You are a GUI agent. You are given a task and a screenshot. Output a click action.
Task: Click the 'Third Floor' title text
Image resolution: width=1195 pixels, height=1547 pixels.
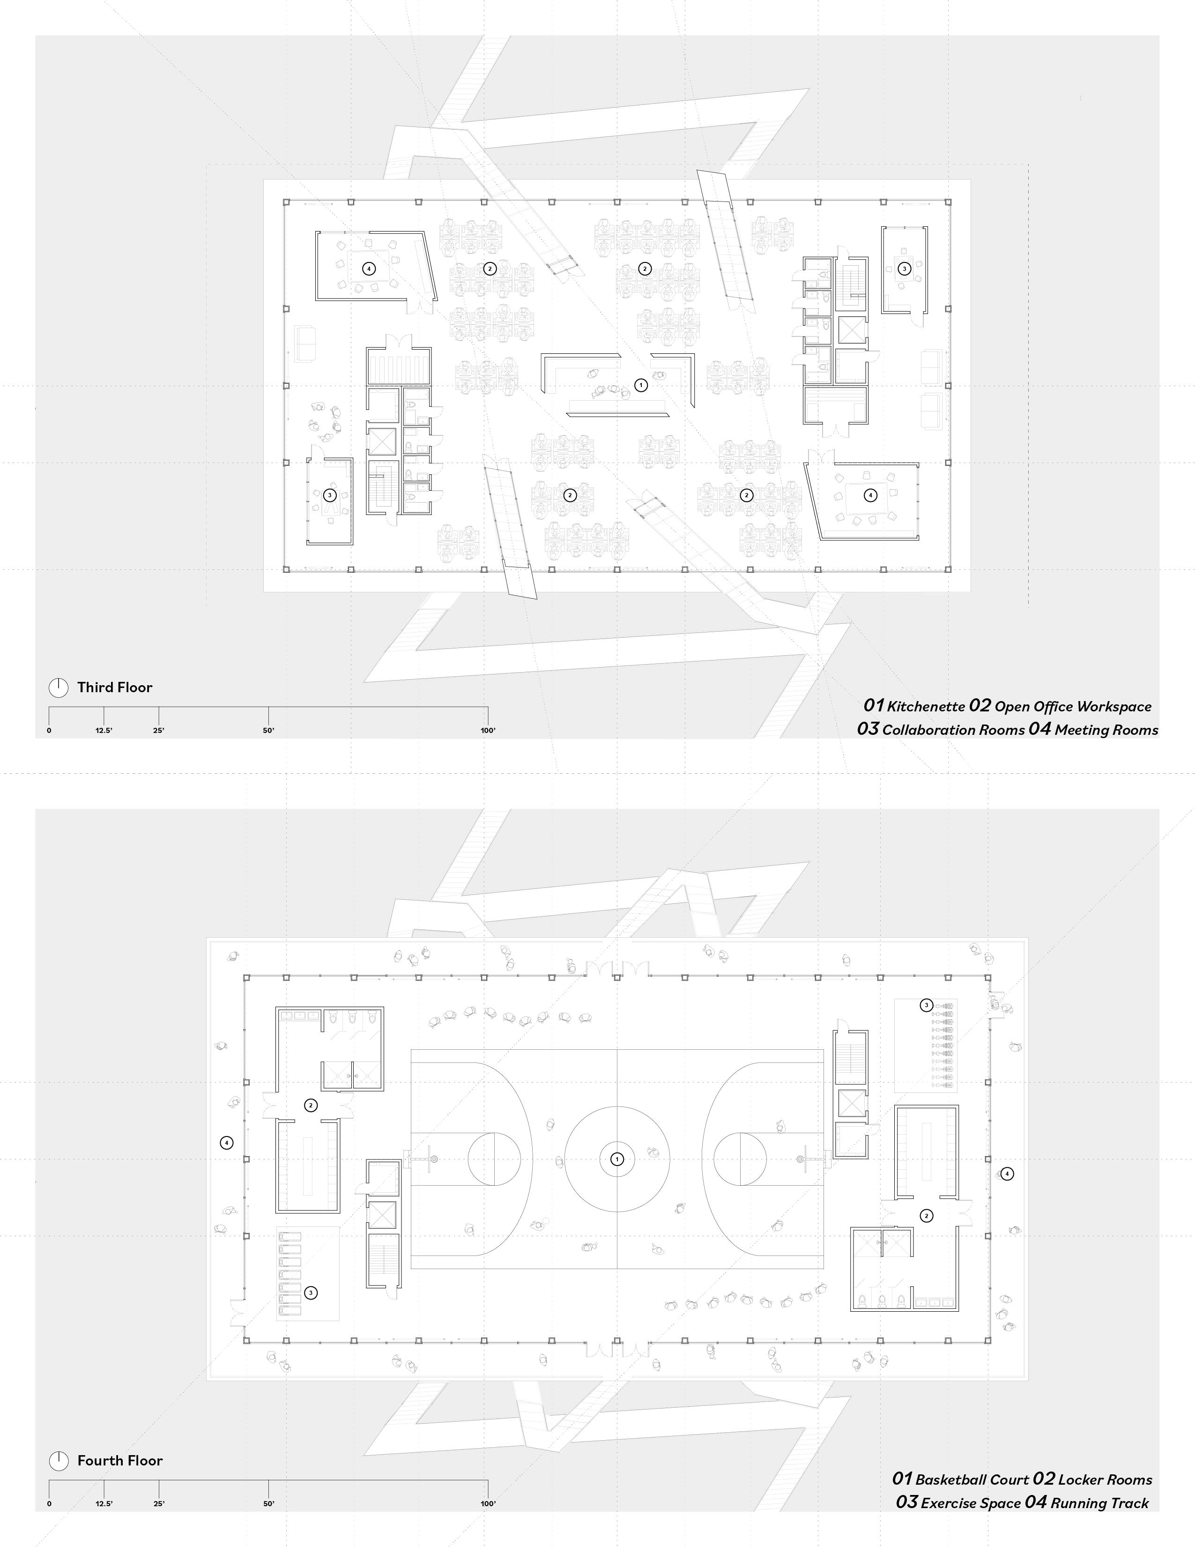(x=115, y=687)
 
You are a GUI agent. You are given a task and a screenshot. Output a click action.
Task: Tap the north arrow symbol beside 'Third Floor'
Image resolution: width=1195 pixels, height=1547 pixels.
(x=58, y=687)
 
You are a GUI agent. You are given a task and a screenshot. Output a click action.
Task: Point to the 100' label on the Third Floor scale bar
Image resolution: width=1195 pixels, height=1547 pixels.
(x=487, y=730)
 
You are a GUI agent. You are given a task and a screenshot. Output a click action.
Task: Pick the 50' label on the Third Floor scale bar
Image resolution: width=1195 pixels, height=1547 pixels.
(x=268, y=730)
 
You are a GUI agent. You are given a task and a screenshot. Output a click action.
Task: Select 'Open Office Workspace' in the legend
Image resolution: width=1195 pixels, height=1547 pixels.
(x=1073, y=707)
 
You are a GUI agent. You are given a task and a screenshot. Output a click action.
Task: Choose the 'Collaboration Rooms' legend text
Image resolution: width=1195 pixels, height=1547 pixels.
(x=953, y=730)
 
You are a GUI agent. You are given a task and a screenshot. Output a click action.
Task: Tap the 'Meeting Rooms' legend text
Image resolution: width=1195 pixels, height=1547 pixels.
(x=1106, y=730)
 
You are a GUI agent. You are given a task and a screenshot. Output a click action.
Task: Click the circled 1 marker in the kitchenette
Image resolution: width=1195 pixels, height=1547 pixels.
(x=641, y=385)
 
